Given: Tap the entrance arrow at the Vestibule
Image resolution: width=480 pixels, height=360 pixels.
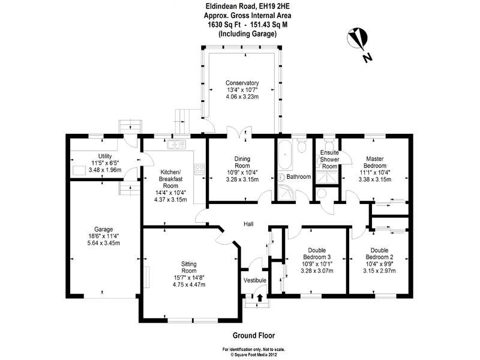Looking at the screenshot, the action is tap(260, 296).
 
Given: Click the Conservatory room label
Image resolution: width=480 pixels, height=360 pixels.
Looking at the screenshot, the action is tap(242, 83).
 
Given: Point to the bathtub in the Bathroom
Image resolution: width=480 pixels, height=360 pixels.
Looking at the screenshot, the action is tap(285, 155).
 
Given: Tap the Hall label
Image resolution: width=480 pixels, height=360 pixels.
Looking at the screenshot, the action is tap(248, 224).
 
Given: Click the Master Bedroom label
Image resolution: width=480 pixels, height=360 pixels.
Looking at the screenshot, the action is tap(375, 162).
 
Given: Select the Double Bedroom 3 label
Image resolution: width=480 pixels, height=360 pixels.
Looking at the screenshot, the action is tap(316, 254).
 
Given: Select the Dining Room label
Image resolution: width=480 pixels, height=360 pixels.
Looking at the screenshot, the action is tap(246, 162).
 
